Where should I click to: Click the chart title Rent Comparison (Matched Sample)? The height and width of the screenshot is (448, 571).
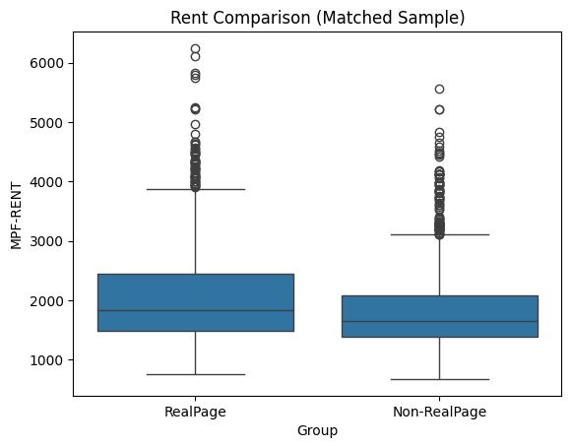click(x=317, y=18)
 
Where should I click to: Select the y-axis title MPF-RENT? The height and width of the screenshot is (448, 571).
click(x=17, y=215)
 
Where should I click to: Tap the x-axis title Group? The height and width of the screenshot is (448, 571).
click(x=317, y=430)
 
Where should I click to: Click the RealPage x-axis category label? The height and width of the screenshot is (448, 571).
click(x=195, y=411)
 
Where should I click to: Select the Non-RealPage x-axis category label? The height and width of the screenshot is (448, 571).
click(x=439, y=411)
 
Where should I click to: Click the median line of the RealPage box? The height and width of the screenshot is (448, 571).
click(x=195, y=310)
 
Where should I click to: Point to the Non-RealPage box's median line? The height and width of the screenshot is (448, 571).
click(x=439, y=321)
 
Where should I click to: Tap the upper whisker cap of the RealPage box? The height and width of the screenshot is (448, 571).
click(x=195, y=189)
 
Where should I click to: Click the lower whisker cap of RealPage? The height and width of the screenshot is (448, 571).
click(x=195, y=374)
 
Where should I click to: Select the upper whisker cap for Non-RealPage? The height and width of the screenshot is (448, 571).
click(x=439, y=234)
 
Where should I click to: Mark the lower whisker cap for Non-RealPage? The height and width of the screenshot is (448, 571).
click(x=439, y=379)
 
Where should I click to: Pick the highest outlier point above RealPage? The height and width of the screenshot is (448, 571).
click(x=195, y=48)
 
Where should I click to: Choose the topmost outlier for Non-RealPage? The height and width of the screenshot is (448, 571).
click(x=439, y=89)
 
